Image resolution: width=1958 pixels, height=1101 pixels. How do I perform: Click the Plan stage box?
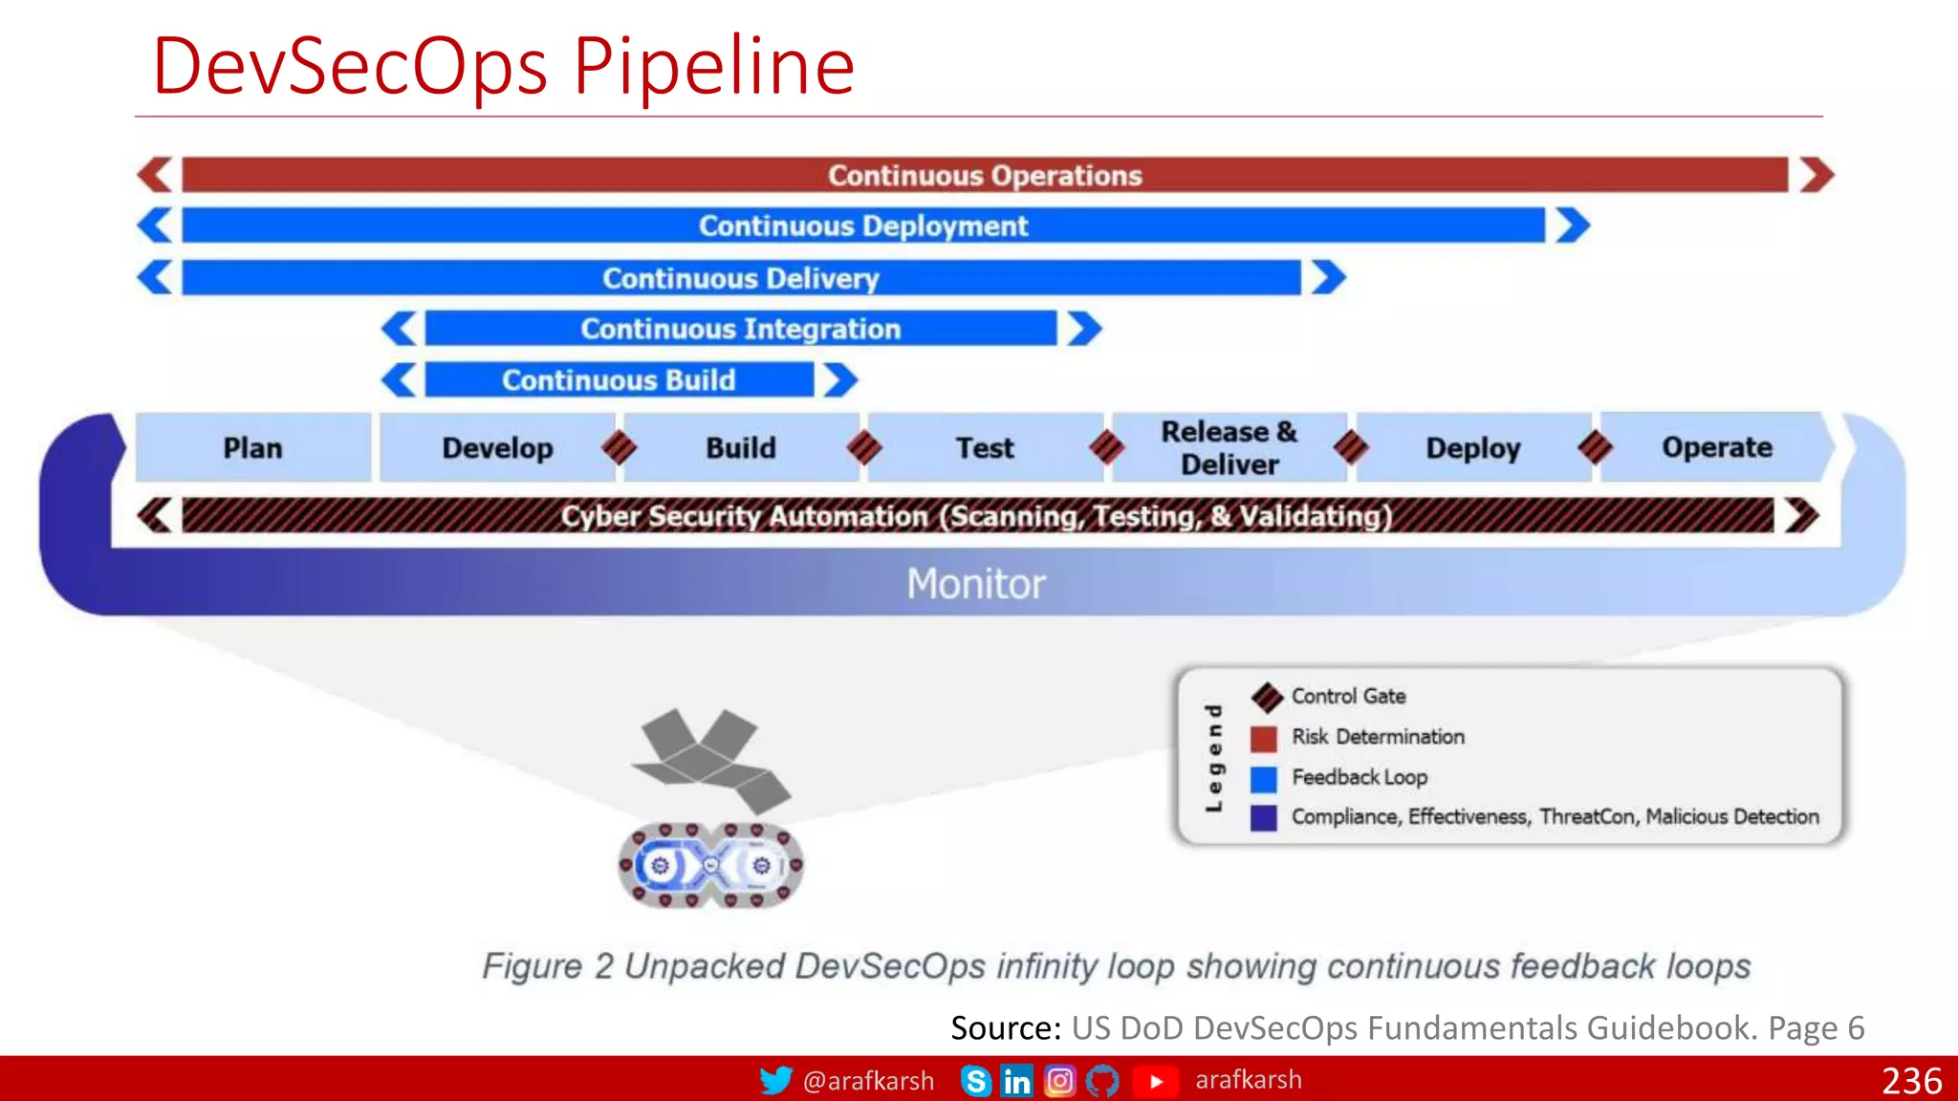(252, 447)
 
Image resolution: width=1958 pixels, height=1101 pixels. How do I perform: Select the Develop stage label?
(497, 447)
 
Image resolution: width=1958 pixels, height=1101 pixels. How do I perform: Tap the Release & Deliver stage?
(1229, 447)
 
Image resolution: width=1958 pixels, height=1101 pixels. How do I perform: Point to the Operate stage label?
(1717, 447)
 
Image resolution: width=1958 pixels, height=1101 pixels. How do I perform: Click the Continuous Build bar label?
(619, 380)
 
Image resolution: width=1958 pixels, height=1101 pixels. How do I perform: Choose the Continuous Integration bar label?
(740, 329)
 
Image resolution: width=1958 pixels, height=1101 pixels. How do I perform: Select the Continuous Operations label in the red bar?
(985, 176)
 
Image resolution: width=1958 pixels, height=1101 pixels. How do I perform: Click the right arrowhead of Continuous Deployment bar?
(1572, 227)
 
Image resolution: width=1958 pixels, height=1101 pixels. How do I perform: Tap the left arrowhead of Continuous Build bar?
(399, 380)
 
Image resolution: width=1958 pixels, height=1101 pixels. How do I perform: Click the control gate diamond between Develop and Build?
(620, 447)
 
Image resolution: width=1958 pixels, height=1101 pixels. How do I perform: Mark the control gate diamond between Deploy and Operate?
(1596, 447)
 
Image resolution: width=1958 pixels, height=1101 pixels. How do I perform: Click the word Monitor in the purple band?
(976, 584)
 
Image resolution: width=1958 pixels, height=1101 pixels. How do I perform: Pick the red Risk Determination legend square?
(1264, 738)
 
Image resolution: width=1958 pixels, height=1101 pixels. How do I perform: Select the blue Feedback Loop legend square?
(1264, 778)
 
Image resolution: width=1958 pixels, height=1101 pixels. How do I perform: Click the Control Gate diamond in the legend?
(1268, 698)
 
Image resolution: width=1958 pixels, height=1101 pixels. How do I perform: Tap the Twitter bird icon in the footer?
(775, 1080)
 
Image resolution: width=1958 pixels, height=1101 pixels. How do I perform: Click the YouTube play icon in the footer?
(1155, 1081)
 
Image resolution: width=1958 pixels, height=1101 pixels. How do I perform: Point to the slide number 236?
(1911, 1081)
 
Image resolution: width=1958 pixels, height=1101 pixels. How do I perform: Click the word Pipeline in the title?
(713, 67)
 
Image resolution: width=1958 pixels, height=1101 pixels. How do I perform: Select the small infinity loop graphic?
(710, 865)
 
